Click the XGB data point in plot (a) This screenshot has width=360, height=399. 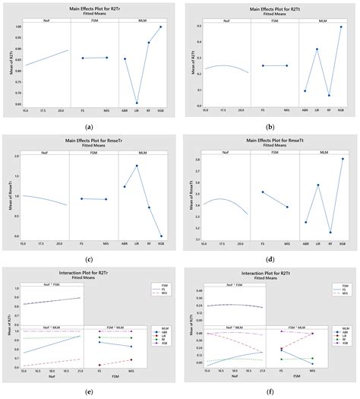[160, 27]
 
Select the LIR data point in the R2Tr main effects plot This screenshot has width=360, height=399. [137, 103]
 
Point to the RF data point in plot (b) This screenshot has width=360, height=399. [329, 96]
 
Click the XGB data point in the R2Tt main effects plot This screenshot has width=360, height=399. [341, 27]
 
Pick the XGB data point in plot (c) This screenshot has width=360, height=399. [160, 236]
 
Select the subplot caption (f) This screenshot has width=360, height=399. [270, 391]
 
